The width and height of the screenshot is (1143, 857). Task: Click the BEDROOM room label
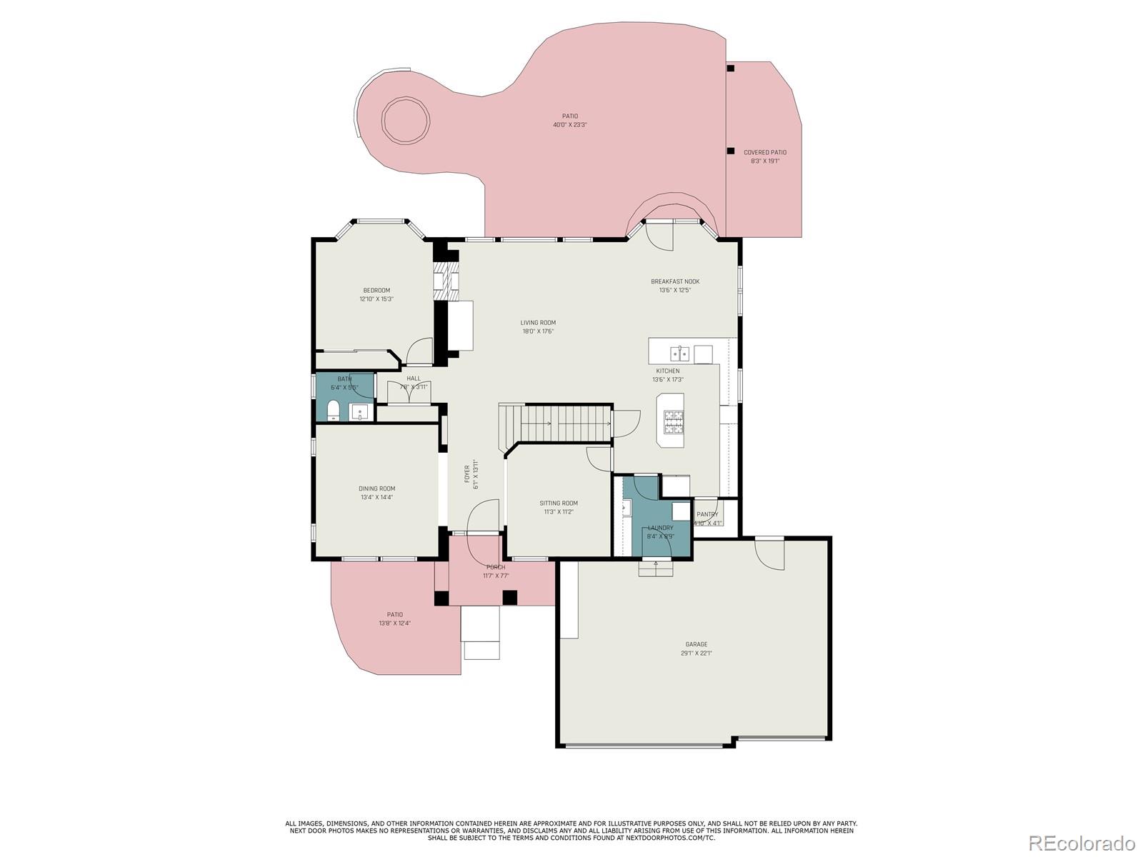[376, 290]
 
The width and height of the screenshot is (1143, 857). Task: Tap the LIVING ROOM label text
[537, 323]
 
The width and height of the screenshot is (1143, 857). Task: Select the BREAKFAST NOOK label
[674, 281]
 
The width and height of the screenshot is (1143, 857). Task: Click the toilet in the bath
[333, 411]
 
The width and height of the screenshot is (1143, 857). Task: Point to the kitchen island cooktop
[674, 422]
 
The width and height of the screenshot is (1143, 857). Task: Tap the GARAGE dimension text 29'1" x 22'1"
[696, 653]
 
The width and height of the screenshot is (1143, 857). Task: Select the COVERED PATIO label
[764, 152]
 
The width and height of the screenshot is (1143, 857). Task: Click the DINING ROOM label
[376, 488]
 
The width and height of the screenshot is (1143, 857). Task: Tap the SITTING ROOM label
[558, 503]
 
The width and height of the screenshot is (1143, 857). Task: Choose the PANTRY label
[707, 514]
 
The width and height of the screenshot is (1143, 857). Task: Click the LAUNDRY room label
[660, 528]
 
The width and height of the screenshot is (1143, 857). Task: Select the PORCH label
[496, 567]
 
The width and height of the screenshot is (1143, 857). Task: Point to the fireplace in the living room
[447, 282]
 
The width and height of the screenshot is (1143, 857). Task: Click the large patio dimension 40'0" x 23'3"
[569, 125]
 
